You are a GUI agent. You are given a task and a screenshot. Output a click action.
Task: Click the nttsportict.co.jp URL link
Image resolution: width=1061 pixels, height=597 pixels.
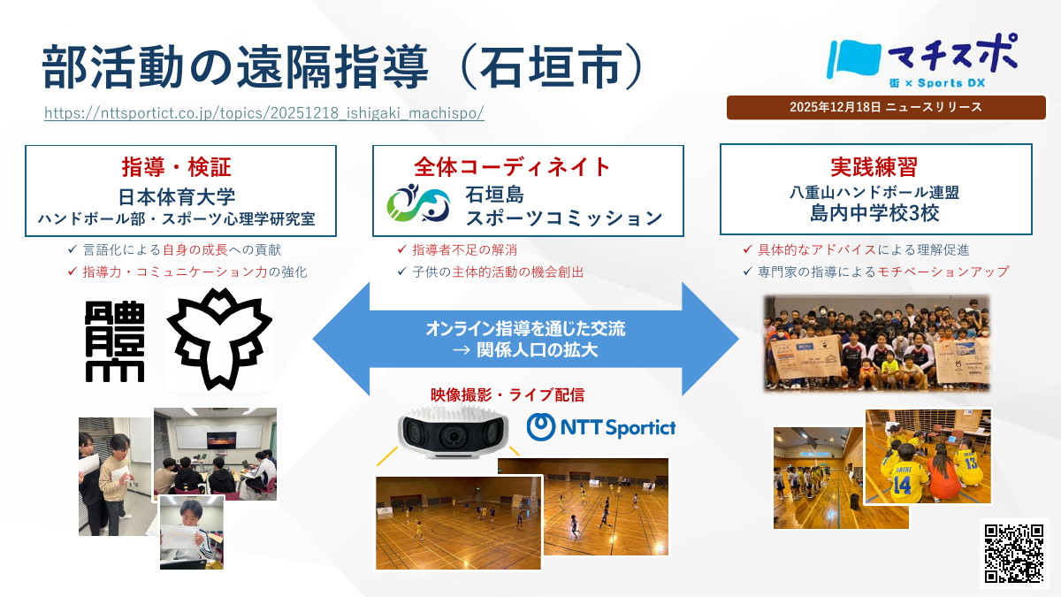click(263, 114)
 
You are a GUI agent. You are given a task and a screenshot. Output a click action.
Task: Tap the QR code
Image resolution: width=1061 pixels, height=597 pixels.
click(1013, 553)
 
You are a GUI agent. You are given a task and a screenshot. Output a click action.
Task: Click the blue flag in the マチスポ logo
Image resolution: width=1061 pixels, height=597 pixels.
click(853, 58)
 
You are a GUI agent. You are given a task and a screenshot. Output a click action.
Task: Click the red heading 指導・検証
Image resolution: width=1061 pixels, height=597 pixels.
click(176, 167)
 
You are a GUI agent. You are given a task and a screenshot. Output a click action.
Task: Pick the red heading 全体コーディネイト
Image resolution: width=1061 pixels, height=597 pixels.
click(513, 166)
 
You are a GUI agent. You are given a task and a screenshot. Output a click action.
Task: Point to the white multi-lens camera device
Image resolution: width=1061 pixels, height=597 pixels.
click(454, 431)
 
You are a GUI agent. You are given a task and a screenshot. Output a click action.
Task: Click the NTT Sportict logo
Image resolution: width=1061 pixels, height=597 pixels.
click(601, 427)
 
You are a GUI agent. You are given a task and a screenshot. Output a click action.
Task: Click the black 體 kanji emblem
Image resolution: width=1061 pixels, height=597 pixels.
click(116, 341)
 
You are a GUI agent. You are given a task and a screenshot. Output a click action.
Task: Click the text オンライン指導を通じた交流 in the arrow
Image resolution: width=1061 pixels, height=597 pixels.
click(525, 329)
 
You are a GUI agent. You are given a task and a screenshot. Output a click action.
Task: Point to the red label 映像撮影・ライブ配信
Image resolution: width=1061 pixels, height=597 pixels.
click(508, 394)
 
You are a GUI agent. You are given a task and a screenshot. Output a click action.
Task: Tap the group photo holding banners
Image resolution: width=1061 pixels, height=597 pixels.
click(875, 343)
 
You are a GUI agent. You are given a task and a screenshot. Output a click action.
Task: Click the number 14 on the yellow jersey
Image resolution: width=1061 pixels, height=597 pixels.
click(901, 485)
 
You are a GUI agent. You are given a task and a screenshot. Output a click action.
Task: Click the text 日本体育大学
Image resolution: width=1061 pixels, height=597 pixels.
click(176, 195)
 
